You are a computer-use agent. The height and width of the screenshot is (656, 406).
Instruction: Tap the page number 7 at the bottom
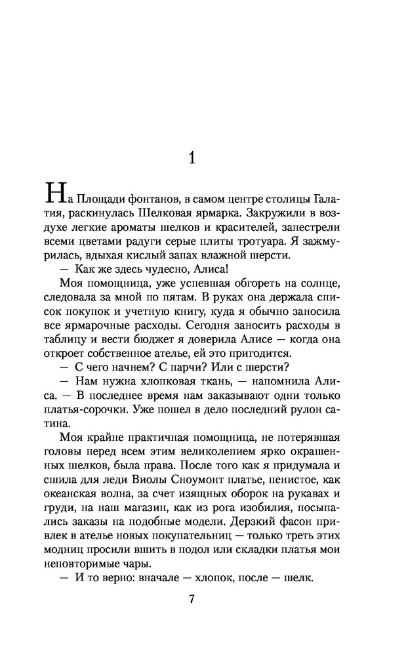click(192, 599)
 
